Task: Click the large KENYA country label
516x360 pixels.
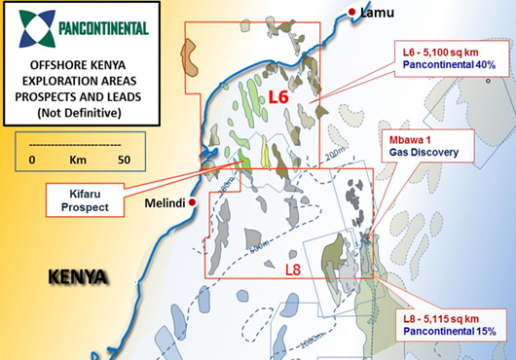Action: pos(77,277)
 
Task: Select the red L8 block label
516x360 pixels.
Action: pos(294,267)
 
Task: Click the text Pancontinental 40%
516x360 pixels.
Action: pos(447,64)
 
